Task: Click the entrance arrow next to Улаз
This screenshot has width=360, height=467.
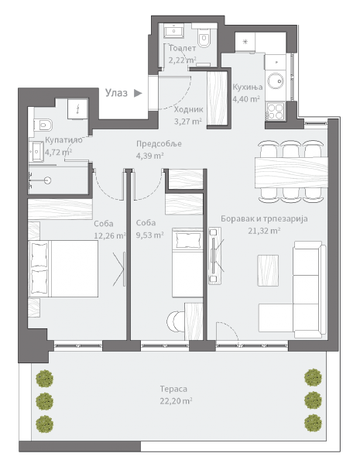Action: pos(138,93)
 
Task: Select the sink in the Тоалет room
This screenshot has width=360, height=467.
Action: pos(173,30)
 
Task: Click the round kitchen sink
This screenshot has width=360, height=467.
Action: pos(276,80)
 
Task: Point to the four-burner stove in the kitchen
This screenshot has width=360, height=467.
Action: pos(275,112)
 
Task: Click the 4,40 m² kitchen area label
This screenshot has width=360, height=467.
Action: pos(246,99)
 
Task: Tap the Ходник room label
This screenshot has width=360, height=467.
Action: pos(188,109)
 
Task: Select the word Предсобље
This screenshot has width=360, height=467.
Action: pos(159,143)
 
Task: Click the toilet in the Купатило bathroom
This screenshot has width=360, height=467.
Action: pos(43,125)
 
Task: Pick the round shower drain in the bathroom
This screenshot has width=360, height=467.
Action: pos(47,180)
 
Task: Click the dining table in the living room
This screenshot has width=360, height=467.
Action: pos(291,173)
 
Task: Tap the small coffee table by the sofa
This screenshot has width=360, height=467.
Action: pos(268,270)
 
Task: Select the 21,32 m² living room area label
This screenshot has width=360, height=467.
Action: pos(264,231)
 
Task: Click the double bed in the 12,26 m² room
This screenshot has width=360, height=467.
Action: pos(63,269)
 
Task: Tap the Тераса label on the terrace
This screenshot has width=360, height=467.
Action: pos(173,389)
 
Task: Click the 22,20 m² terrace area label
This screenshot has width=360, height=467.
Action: pos(176,401)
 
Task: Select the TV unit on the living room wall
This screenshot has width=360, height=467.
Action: pos(214,256)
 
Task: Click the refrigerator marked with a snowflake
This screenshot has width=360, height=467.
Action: pos(245,42)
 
